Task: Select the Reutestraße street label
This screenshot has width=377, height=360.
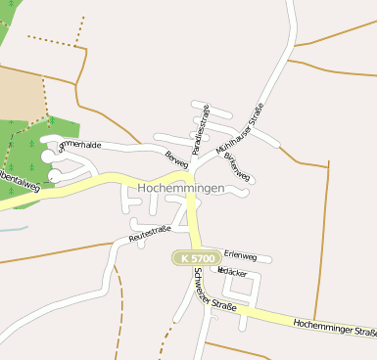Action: point(150,234)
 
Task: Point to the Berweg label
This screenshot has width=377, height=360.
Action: point(176,157)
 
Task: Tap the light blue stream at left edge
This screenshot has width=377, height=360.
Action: point(12,228)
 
